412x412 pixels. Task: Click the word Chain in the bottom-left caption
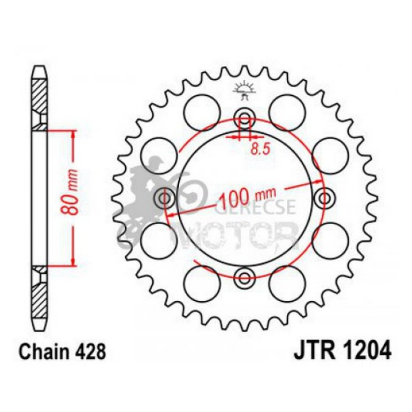point(43,353)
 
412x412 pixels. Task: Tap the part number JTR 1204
point(342,352)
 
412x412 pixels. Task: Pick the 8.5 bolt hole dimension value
point(260,149)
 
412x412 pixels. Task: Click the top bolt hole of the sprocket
point(245,119)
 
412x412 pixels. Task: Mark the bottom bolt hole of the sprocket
point(245,278)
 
